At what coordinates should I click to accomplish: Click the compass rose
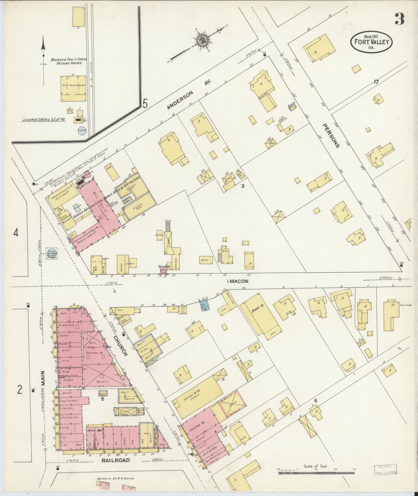[201, 40]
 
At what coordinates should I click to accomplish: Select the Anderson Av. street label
[189, 95]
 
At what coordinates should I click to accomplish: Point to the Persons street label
[331, 136]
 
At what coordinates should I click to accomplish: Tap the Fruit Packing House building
[73, 88]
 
